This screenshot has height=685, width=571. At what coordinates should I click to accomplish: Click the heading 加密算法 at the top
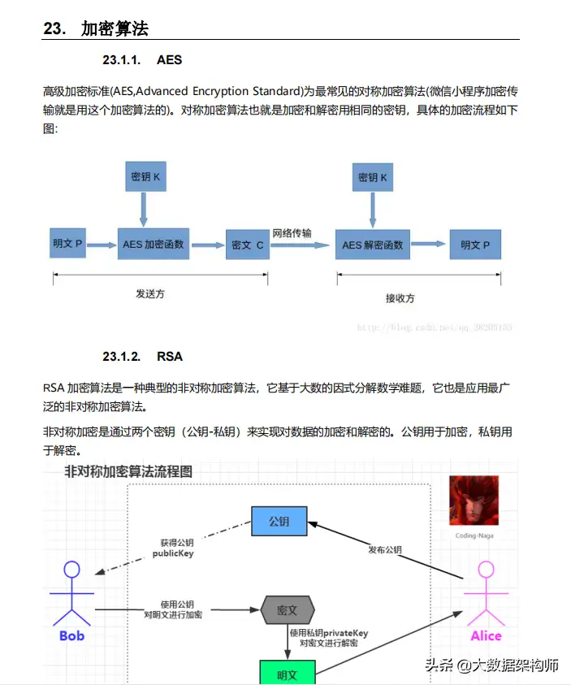pos(115,29)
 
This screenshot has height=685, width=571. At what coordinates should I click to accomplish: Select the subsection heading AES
pos(169,60)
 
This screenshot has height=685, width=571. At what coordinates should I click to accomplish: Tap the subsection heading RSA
pos(170,356)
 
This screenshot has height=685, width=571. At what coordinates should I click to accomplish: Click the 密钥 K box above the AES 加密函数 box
pos(143,176)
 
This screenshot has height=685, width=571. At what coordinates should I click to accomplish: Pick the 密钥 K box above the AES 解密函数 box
pos(372,176)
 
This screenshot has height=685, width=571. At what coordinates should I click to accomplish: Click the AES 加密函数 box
pos(154,244)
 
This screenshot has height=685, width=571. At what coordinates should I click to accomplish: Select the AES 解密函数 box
pos(373,245)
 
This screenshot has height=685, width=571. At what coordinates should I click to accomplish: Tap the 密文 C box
pos(247,244)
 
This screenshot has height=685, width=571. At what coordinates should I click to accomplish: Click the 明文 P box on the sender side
pos(67,244)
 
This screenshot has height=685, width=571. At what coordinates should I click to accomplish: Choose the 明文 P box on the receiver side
pos(475,245)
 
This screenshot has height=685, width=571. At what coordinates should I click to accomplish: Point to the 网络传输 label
pos(292,233)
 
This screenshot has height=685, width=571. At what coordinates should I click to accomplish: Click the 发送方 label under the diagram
pos(150,293)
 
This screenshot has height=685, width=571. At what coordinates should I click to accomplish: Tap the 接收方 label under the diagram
pos(400,298)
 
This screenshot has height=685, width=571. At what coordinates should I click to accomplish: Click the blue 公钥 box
pos(279,521)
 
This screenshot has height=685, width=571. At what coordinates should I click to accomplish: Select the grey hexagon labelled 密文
pos(288,609)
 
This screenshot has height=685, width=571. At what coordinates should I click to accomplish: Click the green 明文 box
pos(287,673)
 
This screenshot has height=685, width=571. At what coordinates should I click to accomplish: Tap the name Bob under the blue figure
pos(71,635)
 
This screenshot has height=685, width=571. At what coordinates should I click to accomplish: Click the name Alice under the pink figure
pos(486,635)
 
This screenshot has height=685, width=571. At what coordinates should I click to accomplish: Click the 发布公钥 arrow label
pos(385,549)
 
